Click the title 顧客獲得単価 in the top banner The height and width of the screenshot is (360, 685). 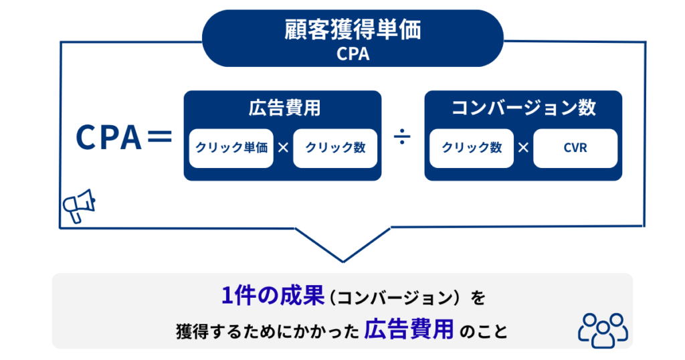click(353, 30)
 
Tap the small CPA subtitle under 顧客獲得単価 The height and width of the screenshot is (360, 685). click(353, 54)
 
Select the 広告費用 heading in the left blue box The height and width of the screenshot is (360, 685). click(282, 108)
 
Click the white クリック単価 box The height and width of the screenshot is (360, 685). click(231, 148)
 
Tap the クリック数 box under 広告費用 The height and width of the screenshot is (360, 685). click(335, 148)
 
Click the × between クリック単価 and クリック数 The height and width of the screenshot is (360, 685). click(283, 148)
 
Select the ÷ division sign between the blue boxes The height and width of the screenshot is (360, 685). click(403, 138)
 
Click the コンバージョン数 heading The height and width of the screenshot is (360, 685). click(523, 108)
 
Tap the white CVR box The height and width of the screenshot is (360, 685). click(575, 148)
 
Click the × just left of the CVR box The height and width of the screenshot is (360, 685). click(523, 148)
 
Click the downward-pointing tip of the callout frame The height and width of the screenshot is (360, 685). click(343, 260)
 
